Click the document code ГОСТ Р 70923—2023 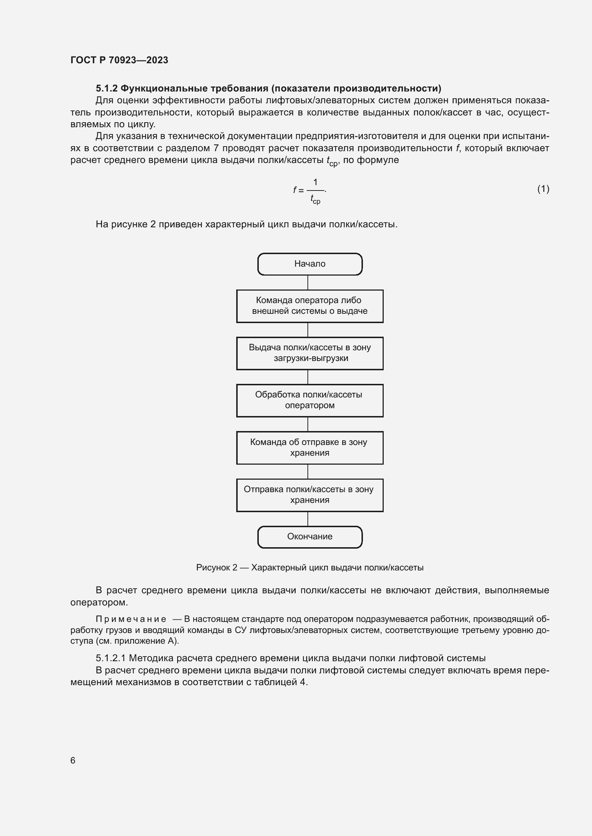click(x=119, y=60)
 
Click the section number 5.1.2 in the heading click(x=106, y=89)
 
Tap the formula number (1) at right click(x=543, y=189)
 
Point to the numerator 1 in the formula click(x=315, y=182)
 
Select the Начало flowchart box click(x=310, y=264)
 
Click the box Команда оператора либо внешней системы click(x=310, y=306)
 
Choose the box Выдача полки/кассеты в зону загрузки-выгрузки click(x=310, y=353)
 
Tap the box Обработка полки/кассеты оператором click(x=310, y=400)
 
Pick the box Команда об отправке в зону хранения click(x=310, y=447)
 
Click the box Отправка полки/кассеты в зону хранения click(x=310, y=495)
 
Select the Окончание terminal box click(x=310, y=537)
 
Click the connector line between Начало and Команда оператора click(x=308, y=283)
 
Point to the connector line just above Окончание click(x=308, y=519)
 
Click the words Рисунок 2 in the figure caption click(x=217, y=568)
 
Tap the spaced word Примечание click(x=131, y=619)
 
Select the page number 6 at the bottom click(x=73, y=760)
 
